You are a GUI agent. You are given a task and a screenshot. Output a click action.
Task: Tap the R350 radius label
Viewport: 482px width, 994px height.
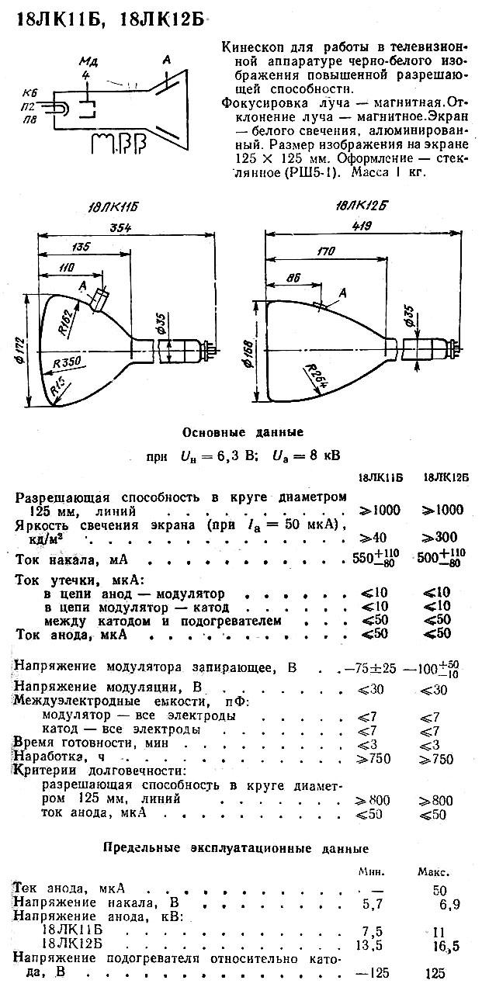click(68, 363)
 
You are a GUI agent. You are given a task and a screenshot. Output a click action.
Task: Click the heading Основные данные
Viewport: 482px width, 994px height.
click(242, 431)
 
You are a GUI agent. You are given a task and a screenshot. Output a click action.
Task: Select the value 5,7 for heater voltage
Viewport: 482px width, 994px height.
click(373, 903)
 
